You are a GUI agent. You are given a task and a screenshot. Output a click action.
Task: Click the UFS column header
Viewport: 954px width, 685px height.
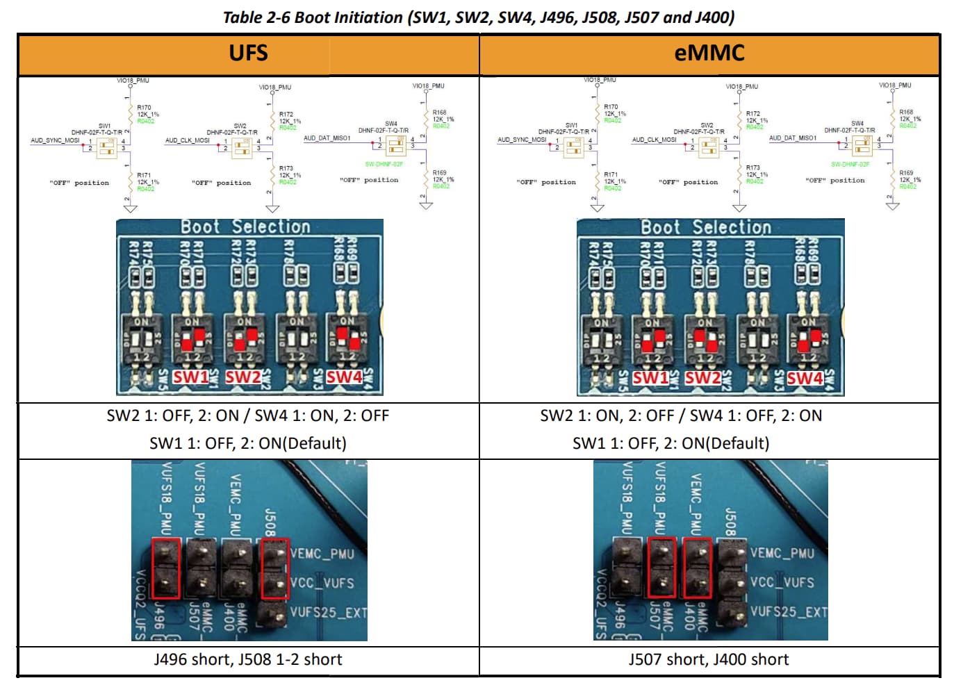coord(248,53)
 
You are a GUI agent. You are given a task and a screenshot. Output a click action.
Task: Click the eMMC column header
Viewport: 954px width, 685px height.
coord(709,53)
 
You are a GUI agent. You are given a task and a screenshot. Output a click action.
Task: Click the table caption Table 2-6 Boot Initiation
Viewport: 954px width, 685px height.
coord(478,17)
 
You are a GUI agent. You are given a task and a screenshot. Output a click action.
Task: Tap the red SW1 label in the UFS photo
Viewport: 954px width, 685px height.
coord(190,377)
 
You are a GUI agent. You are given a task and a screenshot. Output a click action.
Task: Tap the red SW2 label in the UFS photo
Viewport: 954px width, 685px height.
coord(242,377)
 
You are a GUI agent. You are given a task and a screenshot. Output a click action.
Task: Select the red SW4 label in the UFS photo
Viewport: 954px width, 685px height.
coord(344,377)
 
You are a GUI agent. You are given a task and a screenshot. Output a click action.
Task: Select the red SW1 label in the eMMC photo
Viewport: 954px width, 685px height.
coord(650,377)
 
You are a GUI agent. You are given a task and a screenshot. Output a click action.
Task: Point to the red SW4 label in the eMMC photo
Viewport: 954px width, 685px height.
coord(805,378)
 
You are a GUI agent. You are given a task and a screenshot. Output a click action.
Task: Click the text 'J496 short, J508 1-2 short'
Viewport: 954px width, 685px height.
coord(248,659)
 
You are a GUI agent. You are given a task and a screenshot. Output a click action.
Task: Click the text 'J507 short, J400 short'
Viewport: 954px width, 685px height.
coord(709,659)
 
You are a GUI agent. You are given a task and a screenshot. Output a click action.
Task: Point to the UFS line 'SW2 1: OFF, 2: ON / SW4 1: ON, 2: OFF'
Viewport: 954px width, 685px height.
coord(248,415)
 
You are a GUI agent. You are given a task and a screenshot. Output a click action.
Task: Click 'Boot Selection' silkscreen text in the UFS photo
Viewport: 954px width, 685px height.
coord(245,227)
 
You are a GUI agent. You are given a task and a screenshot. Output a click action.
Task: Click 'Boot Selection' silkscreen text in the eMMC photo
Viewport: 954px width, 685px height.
coord(706,228)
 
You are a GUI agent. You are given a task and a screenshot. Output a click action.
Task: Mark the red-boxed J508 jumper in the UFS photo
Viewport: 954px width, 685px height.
coord(275,568)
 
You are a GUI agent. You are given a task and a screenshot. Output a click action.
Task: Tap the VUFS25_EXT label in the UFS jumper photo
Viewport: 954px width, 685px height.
coord(328,612)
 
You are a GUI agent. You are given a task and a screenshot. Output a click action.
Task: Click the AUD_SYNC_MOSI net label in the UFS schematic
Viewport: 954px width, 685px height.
coord(55,140)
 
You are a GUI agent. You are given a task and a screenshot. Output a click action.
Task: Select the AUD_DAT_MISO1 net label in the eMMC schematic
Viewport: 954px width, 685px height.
coord(793,138)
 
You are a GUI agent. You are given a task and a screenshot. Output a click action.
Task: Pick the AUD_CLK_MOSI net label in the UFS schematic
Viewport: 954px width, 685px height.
coord(187,140)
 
